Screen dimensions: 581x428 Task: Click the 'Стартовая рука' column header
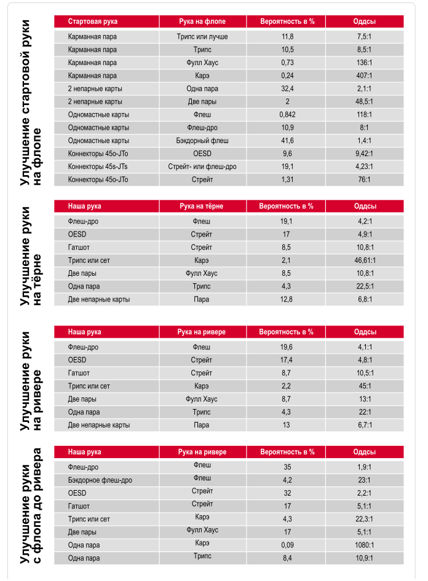point(84,21)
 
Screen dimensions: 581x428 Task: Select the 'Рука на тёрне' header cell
point(202,206)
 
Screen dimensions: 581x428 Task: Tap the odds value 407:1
point(365,76)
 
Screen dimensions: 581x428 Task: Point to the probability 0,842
point(287,114)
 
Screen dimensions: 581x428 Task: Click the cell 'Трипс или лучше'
point(202,37)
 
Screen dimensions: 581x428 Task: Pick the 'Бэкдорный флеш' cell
point(202,141)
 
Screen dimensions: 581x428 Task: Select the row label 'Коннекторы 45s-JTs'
point(98,166)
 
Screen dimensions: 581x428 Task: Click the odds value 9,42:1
point(365,154)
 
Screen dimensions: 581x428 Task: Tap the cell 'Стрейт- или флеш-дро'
point(202,166)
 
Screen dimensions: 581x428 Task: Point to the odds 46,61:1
point(365,260)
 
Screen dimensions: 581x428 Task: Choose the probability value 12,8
point(287,299)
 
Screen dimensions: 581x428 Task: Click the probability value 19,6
point(287,347)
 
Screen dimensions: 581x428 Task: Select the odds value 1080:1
point(365,545)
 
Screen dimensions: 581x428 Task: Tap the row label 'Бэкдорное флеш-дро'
point(100,480)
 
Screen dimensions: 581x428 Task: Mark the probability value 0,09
point(287,545)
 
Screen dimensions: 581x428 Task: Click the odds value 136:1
point(365,63)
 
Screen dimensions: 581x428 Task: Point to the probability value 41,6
point(287,141)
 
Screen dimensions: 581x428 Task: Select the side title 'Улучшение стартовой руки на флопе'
point(31,101)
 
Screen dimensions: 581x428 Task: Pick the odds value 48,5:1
point(365,101)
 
